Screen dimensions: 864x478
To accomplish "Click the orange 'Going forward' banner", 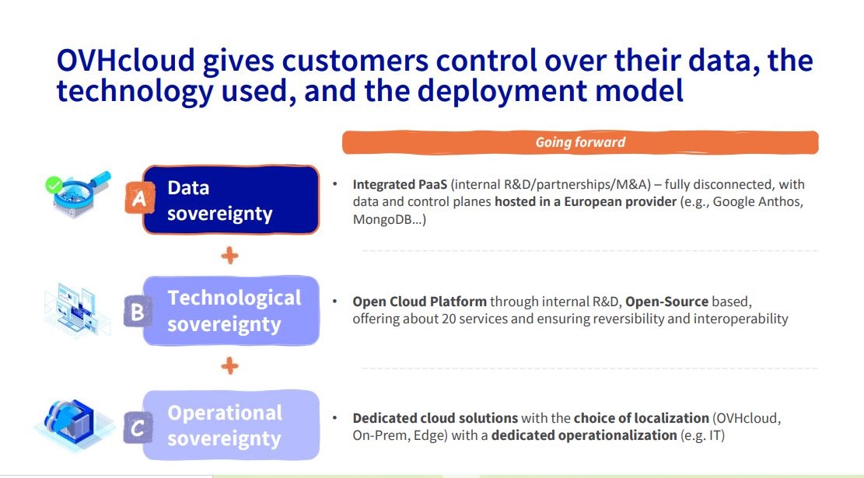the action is [580, 142].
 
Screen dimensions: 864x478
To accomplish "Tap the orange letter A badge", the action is [139, 197].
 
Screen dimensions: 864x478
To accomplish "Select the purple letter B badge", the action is [138, 312].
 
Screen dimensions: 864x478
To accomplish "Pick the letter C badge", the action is [138, 427].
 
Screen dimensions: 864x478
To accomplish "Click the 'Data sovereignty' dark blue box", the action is [231, 200].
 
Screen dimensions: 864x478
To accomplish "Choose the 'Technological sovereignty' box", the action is [231, 311].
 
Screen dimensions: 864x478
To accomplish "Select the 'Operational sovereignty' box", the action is [231, 425].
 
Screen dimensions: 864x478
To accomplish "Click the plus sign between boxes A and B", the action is [229, 256].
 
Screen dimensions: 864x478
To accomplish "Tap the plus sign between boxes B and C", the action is [229, 365].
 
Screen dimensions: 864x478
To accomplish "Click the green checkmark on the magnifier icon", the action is [54, 184].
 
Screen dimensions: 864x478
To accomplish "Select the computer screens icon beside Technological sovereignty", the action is [77, 309].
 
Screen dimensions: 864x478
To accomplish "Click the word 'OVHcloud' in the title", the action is [126, 60].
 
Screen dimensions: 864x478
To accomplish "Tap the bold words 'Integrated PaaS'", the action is [400, 184].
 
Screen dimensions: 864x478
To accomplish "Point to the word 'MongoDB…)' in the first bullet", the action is [390, 219].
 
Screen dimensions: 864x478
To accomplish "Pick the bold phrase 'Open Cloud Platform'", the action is [419, 302].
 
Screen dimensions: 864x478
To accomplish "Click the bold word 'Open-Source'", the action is [666, 302].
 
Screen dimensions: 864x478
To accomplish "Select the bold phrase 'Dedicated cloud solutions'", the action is [435, 418].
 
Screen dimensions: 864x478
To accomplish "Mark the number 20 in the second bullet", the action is [449, 319].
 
